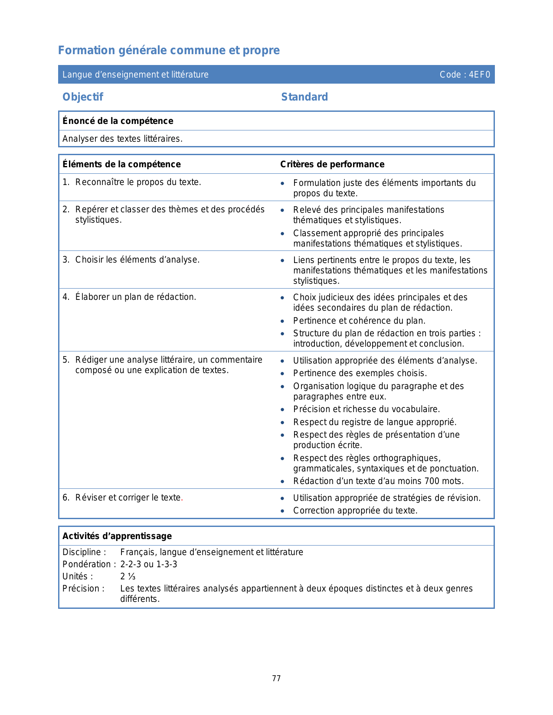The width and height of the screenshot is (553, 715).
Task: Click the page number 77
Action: tap(276, 679)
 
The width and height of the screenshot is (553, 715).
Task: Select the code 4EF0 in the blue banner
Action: tap(479, 75)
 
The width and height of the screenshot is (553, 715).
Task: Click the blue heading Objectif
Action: tap(83, 97)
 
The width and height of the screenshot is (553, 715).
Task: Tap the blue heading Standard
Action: tap(304, 97)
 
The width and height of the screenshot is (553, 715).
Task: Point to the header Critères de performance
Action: tap(332, 164)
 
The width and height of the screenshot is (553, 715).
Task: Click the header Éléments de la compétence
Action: tap(121, 164)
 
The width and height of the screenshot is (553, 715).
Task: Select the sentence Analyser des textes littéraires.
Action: tap(122, 139)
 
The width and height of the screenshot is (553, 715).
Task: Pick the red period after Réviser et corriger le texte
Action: tap(182, 498)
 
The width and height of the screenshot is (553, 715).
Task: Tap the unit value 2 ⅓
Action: tap(128, 576)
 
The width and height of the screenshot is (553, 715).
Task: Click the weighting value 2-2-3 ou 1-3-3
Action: tap(149, 564)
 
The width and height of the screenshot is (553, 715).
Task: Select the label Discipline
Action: tap(84, 552)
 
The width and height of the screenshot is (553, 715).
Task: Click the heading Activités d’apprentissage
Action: tap(117, 536)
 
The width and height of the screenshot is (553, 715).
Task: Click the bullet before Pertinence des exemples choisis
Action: tap(282, 374)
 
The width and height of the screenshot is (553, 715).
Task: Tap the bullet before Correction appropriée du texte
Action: tap(282, 511)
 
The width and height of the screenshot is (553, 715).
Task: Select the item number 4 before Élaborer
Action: tap(65, 297)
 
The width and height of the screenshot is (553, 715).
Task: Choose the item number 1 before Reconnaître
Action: tap(65, 182)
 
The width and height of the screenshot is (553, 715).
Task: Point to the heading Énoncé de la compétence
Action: tap(118, 121)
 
